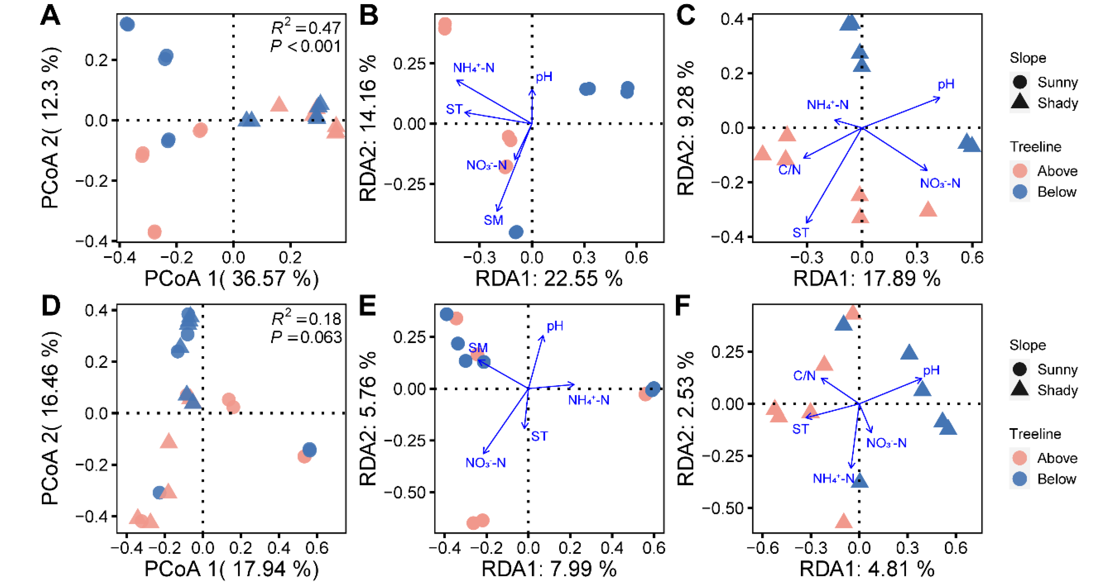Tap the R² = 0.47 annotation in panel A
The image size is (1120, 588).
pos(306,28)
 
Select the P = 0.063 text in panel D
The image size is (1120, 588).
pos(306,337)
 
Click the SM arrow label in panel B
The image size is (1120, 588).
pos(493,220)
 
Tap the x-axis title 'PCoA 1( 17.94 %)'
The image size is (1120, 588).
pos(231,569)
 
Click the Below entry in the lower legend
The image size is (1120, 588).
pos(1057,479)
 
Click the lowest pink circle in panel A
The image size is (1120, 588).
pos(154,232)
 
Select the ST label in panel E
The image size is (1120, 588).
pos(540,436)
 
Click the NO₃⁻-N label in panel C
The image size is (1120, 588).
pos(940,183)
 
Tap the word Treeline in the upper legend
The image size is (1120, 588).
pos(1035,147)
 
